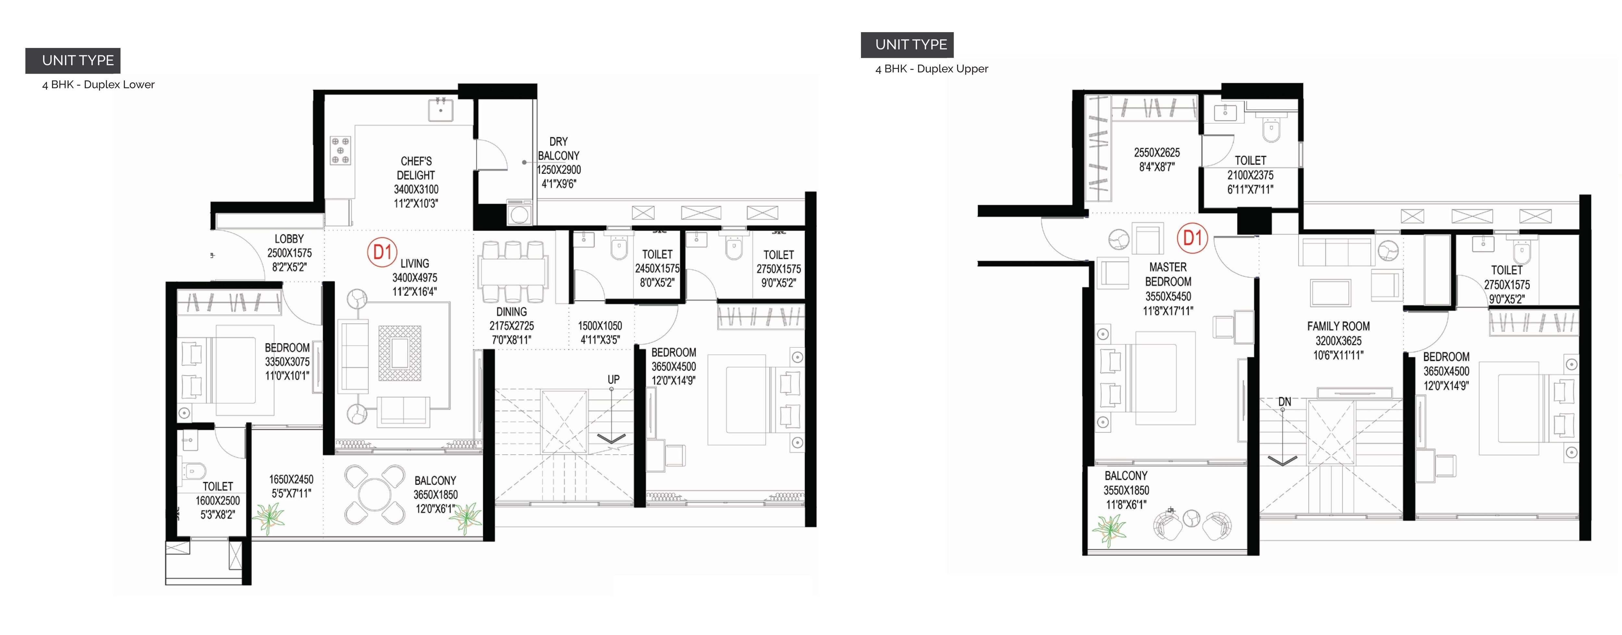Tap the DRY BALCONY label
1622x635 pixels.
coord(559,149)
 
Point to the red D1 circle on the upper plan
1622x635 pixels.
coord(1192,238)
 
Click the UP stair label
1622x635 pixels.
coord(613,379)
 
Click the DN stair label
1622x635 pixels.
coord(1285,401)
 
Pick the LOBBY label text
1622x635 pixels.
coord(289,239)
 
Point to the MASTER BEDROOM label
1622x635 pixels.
coord(1168,274)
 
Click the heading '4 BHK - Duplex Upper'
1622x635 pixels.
coord(931,69)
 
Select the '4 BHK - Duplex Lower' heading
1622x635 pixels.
coord(98,84)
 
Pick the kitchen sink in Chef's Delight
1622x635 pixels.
coord(440,110)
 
